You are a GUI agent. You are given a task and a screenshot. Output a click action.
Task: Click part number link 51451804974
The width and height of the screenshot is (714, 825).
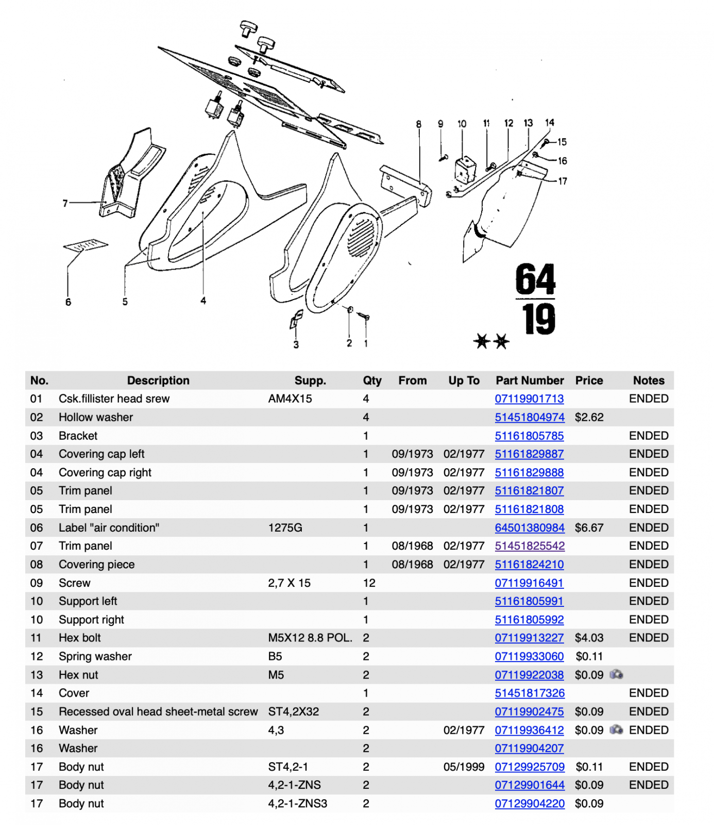[x=529, y=417]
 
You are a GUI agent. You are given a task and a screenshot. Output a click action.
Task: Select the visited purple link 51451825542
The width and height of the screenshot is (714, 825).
[x=529, y=546]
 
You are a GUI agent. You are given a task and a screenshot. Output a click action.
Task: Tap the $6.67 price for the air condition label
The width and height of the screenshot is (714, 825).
[x=589, y=527]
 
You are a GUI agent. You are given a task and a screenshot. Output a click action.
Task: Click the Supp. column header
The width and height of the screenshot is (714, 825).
[x=310, y=381]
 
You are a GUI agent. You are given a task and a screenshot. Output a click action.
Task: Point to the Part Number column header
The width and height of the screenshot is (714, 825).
[x=529, y=381]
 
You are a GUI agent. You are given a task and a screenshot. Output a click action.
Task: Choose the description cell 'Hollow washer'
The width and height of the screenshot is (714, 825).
[x=96, y=417]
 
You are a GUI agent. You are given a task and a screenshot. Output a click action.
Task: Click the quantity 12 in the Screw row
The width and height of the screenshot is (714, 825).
[x=369, y=583]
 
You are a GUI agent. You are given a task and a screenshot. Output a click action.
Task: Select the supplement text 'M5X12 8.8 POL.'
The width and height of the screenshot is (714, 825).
[x=310, y=638]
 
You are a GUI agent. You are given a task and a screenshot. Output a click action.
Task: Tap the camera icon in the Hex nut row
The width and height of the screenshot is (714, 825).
[x=616, y=674]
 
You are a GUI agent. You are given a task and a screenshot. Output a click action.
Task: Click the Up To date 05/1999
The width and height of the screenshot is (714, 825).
[x=464, y=767]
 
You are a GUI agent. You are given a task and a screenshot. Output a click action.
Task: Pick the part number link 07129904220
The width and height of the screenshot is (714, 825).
[x=529, y=803]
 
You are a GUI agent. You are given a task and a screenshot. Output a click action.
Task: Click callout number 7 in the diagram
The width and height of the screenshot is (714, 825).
[x=65, y=204]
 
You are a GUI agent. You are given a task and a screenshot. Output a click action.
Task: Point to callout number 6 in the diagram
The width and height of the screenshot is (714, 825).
[x=68, y=302]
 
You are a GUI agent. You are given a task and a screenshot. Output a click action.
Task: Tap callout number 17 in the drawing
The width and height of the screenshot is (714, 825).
[x=563, y=181]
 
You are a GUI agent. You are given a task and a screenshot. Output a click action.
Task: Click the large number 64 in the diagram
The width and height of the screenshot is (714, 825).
[x=535, y=279]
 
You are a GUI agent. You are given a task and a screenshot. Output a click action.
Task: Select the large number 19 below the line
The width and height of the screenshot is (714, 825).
[x=538, y=319]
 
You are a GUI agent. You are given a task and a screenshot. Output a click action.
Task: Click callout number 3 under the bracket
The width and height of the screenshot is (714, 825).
[x=296, y=344]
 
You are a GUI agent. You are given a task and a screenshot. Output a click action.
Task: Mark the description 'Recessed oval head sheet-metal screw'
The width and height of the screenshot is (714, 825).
[x=158, y=712]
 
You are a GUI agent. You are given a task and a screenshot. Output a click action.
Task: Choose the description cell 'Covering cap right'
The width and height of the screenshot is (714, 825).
[x=105, y=472]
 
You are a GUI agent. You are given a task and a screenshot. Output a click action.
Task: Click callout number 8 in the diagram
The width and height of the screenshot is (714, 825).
[x=419, y=124]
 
